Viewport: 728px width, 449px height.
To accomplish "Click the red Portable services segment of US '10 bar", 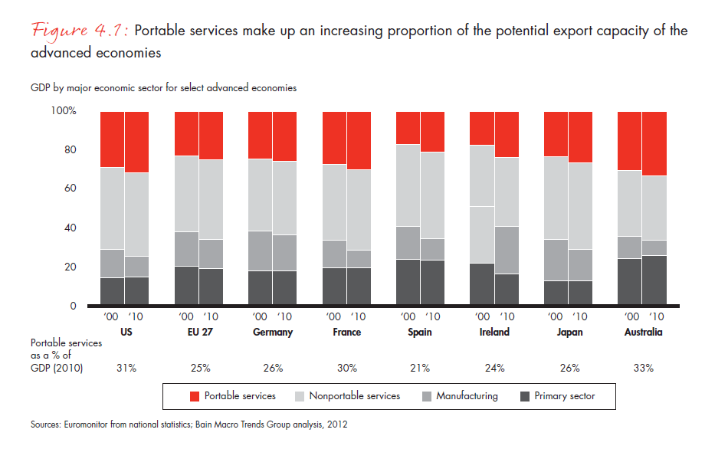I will point(136,142).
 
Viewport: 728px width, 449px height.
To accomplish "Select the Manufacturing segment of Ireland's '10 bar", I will point(506,250).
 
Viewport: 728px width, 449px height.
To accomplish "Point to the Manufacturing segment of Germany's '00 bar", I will point(261,251).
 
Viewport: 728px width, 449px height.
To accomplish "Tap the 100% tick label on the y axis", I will point(63,112).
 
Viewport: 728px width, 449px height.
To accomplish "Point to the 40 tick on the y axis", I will point(70,228).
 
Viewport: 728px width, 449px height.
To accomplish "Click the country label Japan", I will point(568,333).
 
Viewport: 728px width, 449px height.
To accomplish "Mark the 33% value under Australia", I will point(643,369).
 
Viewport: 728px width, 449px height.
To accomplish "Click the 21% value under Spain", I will point(421,369).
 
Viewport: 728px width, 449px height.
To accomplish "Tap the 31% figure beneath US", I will point(126,369).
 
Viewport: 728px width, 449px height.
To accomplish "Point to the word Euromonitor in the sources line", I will point(87,423).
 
